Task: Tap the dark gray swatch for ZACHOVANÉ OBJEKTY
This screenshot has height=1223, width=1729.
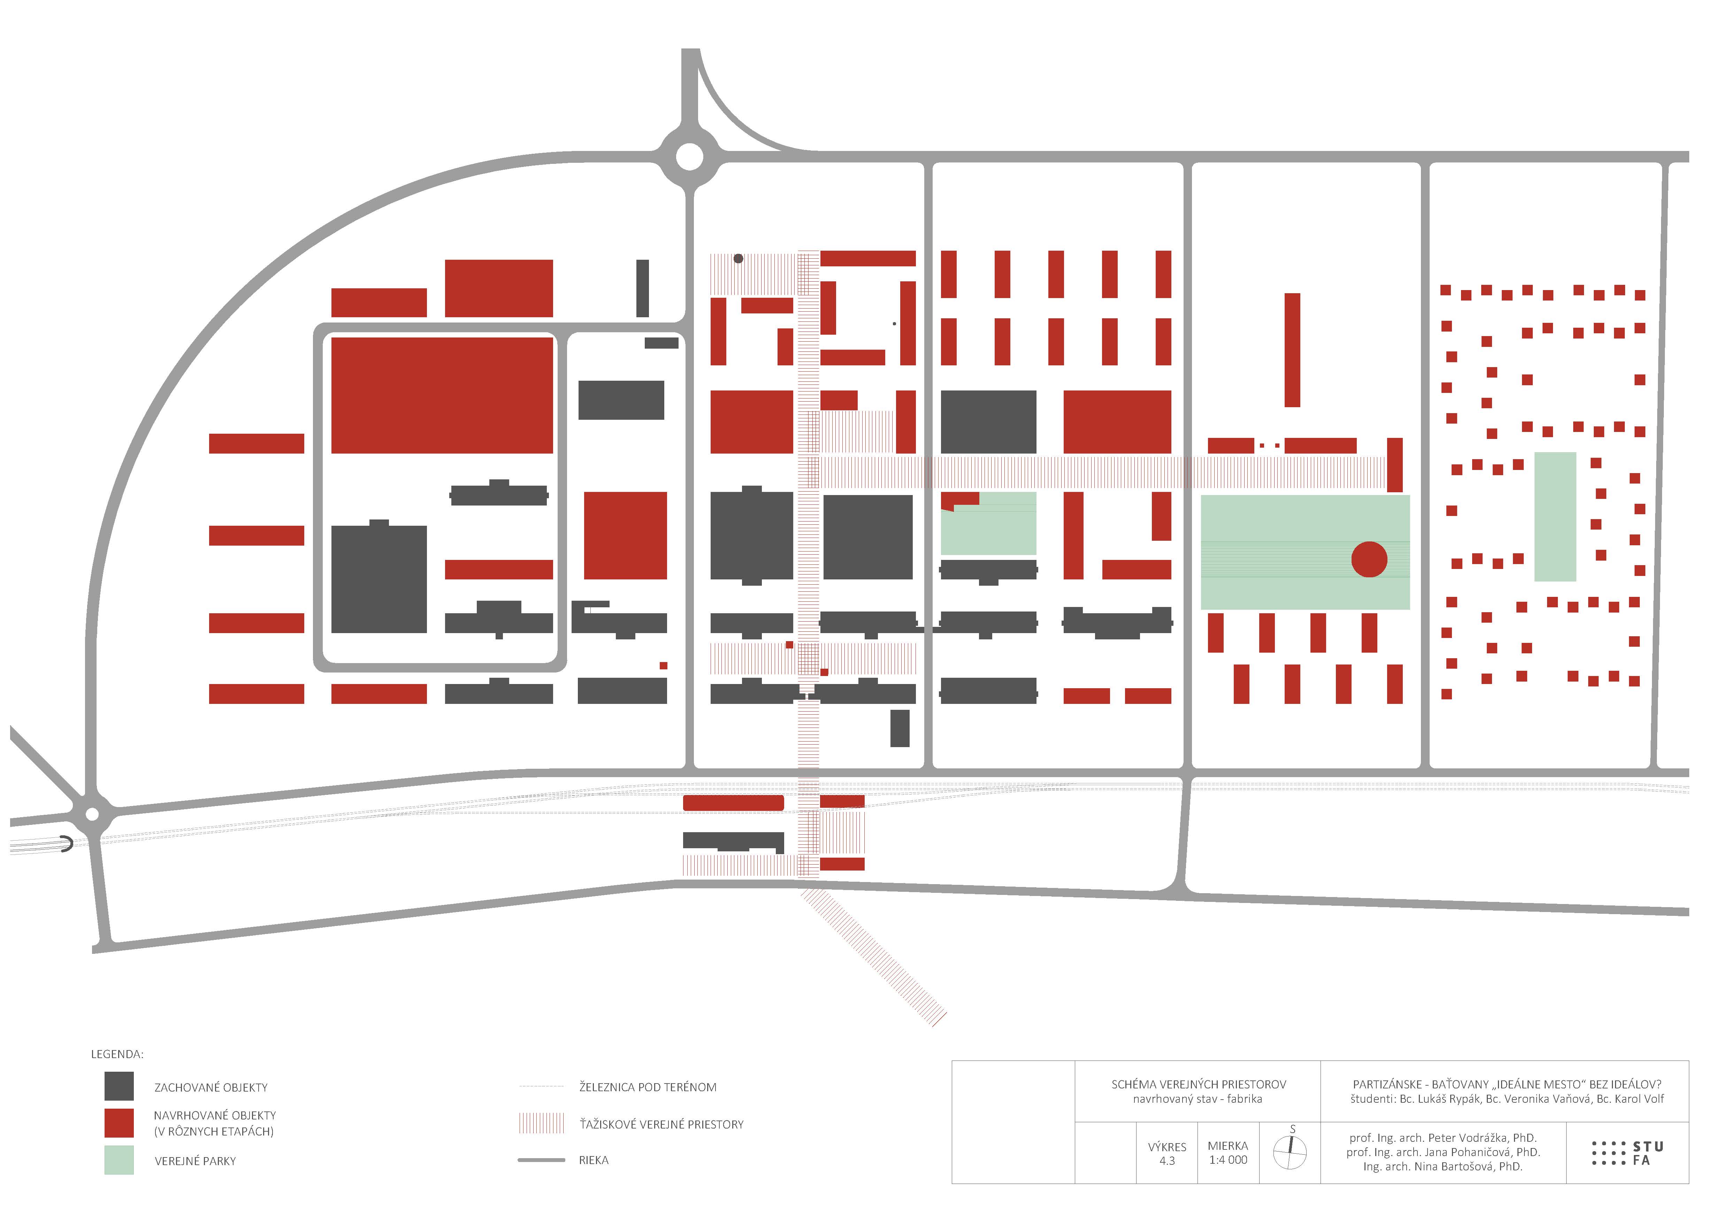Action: [x=119, y=1086]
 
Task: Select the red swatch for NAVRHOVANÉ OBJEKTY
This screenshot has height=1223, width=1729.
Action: [x=119, y=1123]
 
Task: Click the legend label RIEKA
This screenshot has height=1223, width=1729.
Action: [x=594, y=1161]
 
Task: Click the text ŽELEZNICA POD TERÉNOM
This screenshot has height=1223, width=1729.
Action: [x=648, y=1087]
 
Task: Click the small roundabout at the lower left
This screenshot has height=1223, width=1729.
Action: [x=92, y=814]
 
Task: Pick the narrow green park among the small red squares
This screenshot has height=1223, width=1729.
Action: [x=1555, y=517]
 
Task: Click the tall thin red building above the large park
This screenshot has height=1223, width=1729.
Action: [x=1292, y=350]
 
